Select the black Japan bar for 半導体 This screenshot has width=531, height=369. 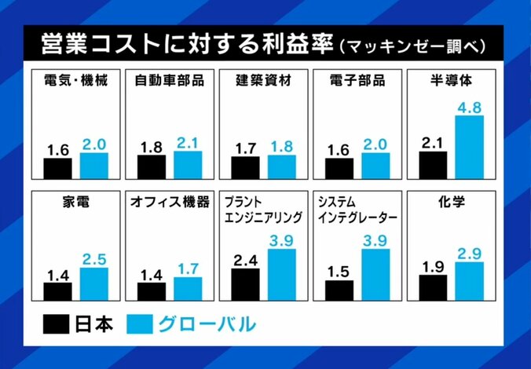tap(433, 165)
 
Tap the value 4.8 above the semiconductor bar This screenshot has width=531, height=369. tap(469, 105)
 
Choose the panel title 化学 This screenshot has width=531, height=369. tap(452, 202)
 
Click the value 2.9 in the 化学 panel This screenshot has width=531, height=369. tap(469, 253)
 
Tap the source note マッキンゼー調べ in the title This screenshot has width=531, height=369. tap(416, 46)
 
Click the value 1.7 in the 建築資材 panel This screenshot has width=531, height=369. tap(245, 146)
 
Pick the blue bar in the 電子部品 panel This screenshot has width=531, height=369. tap(375, 166)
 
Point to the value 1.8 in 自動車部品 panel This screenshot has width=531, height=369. tap(151, 145)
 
